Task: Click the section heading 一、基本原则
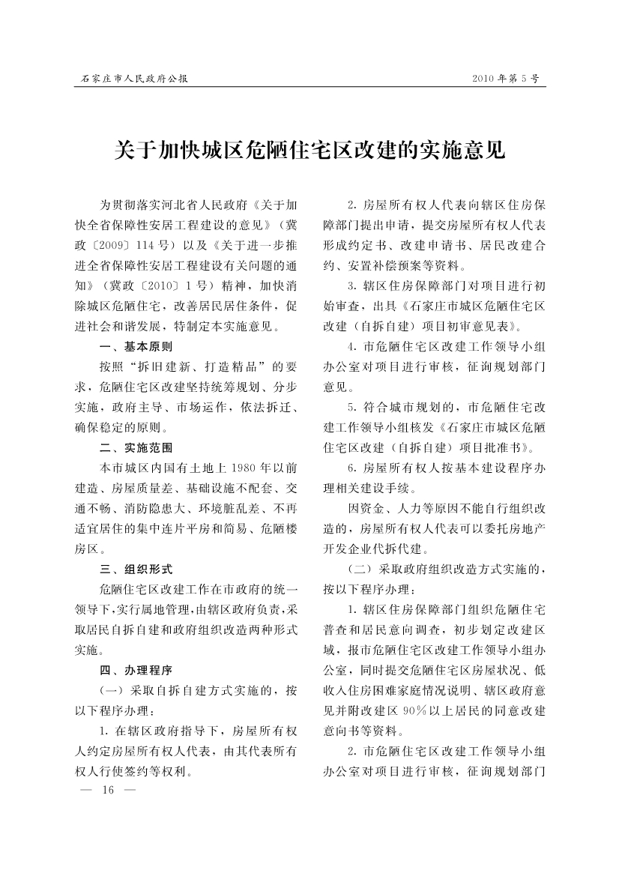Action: [x=136, y=347]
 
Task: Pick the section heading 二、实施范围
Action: [x=136, y=448]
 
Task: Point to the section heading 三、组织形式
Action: [x=136, y=569]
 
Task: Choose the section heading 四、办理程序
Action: [x=136, y=669]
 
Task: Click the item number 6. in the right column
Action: [x=351, y=468]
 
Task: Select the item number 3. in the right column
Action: [x=351, y=286]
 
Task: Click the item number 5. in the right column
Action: [x=351, y=408]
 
